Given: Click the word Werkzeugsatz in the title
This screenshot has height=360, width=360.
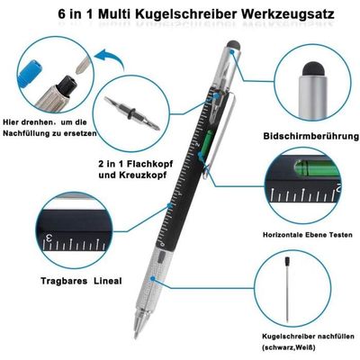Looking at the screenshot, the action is pyautogui.click(x=287, y=14).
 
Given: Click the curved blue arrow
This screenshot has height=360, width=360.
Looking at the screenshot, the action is pyautogui.click(x=110, y=58).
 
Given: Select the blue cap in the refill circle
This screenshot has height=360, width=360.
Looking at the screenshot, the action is pyautogui.click(x=30, y=74).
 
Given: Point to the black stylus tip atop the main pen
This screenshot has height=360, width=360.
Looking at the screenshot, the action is pyautogui.click(x=234, y=45).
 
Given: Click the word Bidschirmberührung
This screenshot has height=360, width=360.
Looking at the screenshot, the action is pyautogui.click(x=311, y=137).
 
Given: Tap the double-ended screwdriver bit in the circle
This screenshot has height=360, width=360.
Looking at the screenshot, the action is pyautogui.click(x=131, y=112).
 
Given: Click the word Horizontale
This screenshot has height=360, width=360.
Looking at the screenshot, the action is pyautogui.click(x=284, y=234).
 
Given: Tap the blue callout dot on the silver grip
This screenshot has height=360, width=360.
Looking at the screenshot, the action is pyautogui.click(x=153, y=279).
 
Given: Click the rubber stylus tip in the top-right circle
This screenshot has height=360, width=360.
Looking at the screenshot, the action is pyautogui.click(x=314, y=69).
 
